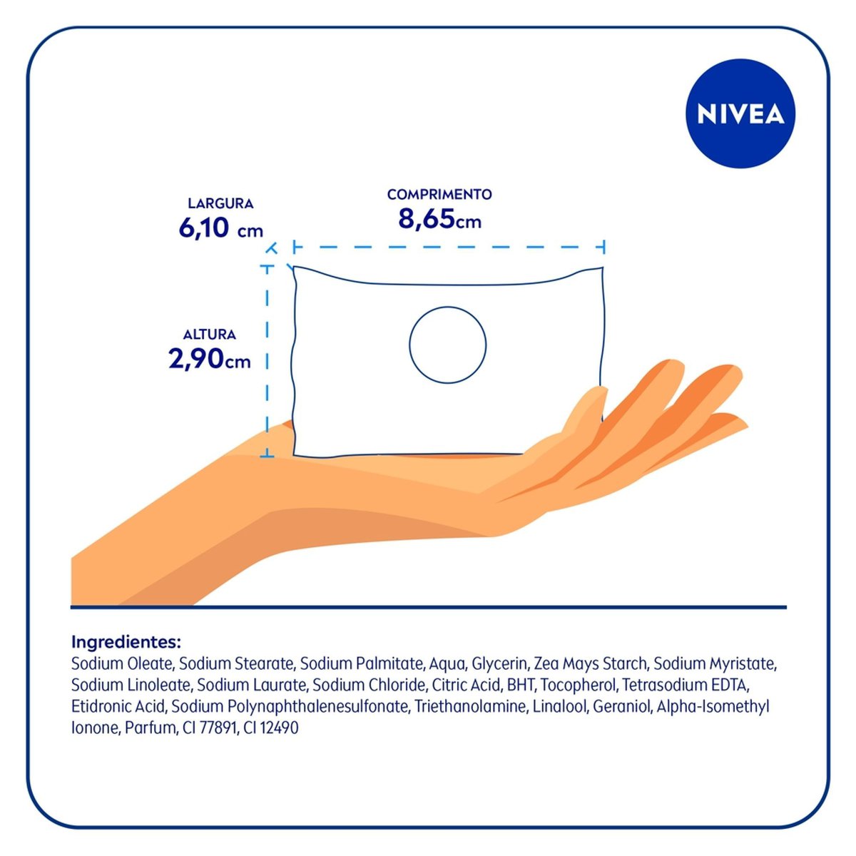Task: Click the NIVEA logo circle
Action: [740, 115]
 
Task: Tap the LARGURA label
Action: [220, 203]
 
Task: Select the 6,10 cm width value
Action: [220, 229]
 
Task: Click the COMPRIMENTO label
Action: [439, 194]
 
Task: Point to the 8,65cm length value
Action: [439, 219]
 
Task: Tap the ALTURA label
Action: [210, 334]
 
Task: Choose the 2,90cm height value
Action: [210, 359]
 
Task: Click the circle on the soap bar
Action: [448, 345]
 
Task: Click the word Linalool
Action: [559, 707]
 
